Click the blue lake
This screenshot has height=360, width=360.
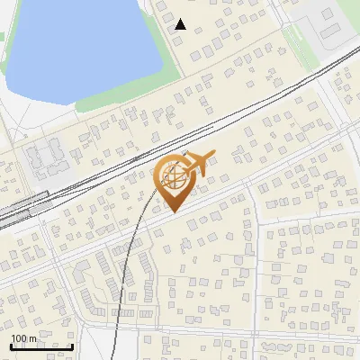pos(81,45)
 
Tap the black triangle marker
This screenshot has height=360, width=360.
pos(180,24)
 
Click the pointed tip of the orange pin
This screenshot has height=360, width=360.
pos(172,212)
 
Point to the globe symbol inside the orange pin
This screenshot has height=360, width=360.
pos(173,177)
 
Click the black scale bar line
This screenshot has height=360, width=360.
pos(41,346)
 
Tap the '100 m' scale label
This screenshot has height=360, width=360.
pos(24,338)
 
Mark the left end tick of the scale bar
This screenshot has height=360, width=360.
pos(10,345)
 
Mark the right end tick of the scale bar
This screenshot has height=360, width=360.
pos(73,345)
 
